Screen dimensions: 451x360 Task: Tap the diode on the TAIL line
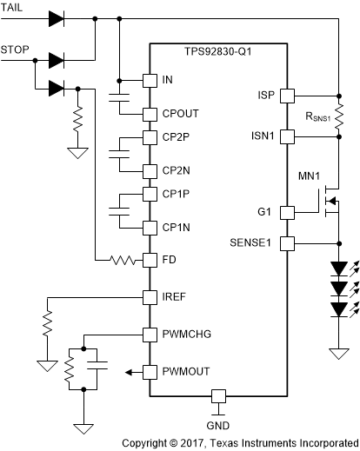57,17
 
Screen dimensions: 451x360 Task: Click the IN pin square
149,80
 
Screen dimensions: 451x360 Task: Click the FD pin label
170,260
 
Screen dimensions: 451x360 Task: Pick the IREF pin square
149,296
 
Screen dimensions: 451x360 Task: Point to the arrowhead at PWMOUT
129,372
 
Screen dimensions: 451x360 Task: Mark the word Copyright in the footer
149,442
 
